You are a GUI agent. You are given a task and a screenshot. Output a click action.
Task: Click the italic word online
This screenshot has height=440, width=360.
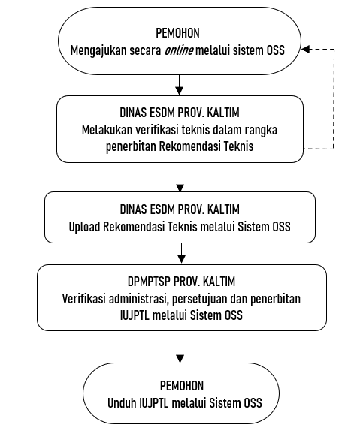click(179, 50)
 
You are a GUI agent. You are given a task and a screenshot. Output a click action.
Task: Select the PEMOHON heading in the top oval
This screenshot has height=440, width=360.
click(178, 33)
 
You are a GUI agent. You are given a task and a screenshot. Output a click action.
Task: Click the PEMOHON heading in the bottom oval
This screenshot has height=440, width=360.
click(182, 386)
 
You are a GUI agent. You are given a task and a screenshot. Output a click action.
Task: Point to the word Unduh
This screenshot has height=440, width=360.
click(123, 403)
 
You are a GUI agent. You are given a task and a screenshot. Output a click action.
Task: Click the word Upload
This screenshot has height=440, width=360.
click(84, 227)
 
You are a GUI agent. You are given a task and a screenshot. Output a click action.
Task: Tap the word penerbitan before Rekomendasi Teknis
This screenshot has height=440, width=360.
click(131, 146)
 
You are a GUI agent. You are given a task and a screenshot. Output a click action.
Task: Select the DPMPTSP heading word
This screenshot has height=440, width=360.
click(149, 282)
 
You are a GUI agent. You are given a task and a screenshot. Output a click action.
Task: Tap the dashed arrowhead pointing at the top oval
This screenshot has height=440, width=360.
click(306, 50)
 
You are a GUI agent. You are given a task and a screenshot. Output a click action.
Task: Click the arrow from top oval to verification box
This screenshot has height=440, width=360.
click(179, 85)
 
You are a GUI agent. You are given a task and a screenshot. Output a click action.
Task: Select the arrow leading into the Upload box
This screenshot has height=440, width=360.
click(180, 177)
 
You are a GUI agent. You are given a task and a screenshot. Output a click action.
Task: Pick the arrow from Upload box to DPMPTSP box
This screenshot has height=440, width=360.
click(181, 253)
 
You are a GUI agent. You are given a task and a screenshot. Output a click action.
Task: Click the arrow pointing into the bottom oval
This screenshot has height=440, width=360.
click(180, 347)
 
